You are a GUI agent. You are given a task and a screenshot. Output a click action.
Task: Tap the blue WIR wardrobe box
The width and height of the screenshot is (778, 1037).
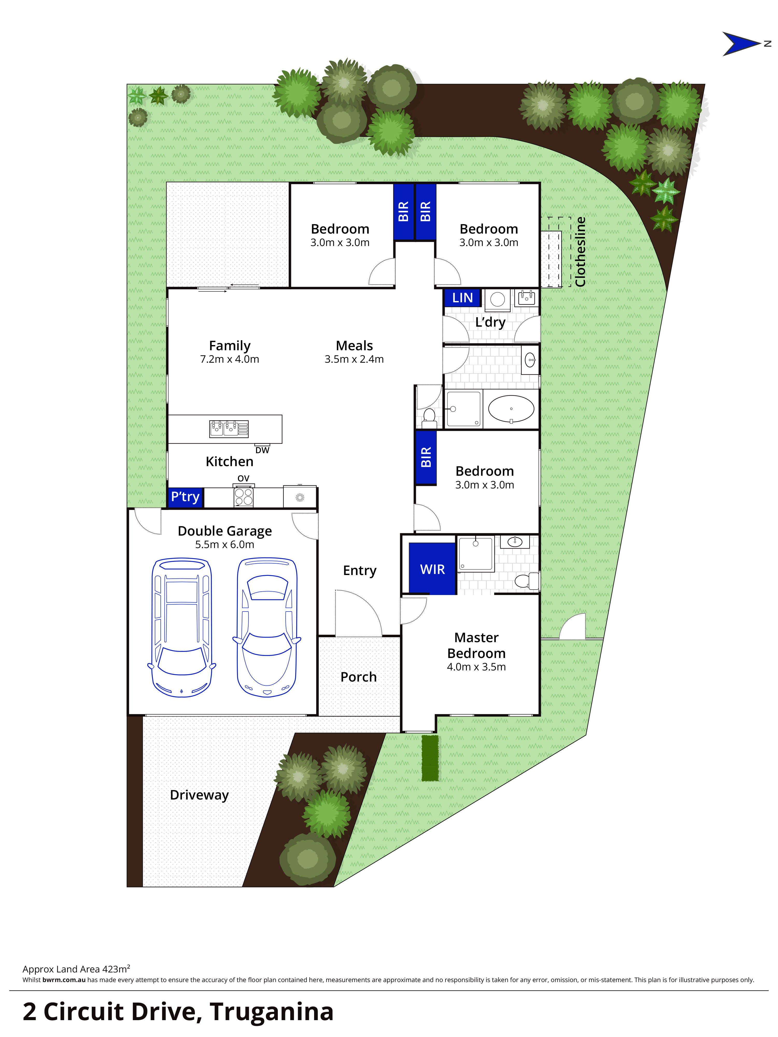[432, 569]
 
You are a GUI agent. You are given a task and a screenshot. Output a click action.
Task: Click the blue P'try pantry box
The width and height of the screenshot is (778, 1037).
[185, 497]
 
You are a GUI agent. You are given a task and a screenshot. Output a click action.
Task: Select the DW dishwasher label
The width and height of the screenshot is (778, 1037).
[263, 450]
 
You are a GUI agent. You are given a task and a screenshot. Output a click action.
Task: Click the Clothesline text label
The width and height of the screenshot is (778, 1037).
[580, 252]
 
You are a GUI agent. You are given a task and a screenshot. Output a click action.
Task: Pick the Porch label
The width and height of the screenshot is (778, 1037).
[358, 677]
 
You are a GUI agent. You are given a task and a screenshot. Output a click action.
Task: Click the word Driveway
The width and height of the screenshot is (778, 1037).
[199, 795]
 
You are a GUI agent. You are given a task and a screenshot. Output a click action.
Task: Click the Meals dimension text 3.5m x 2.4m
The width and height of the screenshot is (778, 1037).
[354, 359]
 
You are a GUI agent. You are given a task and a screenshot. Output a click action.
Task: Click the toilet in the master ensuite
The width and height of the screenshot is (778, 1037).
[527, 581]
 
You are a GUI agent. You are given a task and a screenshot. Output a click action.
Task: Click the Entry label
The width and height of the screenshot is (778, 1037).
[359, 571]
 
